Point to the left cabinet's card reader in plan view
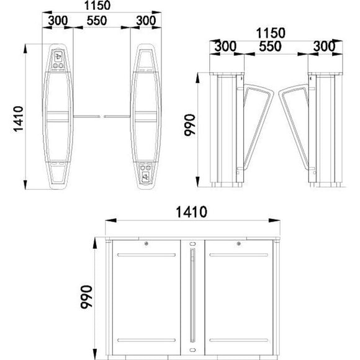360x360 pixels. [x=59, y=56]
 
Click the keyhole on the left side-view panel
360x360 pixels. [x=145, y=243]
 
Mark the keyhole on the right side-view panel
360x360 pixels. [x=238, y=243]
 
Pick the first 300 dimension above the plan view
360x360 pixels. [x=58, y=20]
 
